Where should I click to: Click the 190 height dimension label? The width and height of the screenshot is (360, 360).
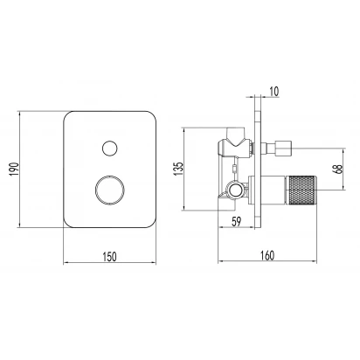(15, 169)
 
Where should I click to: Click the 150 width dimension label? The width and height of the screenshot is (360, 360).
(109, 257)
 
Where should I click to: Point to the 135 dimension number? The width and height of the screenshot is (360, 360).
(178, 169)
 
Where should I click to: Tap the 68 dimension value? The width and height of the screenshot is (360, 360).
(339, 169)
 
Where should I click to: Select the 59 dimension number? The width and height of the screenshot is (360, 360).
(237, 222)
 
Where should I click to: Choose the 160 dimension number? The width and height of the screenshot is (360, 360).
(267, 255)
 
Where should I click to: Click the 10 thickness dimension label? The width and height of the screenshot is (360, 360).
(273, 91)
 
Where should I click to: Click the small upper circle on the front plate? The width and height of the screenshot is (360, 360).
(110, 149)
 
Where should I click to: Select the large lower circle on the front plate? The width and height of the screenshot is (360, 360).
(110, 190)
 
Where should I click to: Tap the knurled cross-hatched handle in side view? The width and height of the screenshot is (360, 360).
(301, 190)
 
